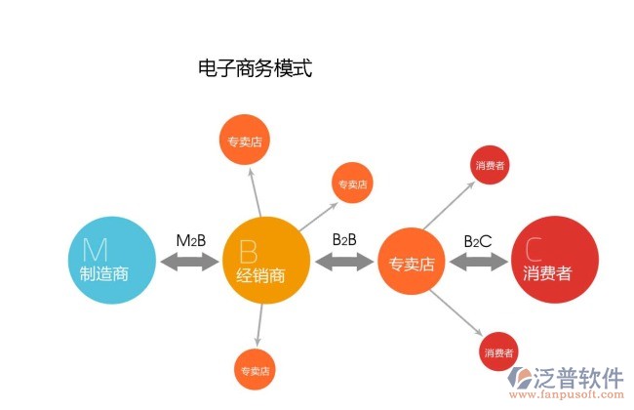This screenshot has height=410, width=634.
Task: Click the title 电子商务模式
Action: pos(255,68)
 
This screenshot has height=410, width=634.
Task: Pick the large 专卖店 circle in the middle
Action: pos(413,262)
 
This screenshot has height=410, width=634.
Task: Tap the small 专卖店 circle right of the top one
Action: pos(352,183)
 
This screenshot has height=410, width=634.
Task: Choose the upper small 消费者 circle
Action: pos(490,166)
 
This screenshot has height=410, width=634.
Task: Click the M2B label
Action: pos(191,240)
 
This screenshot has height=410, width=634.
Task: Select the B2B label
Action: pos(344,238)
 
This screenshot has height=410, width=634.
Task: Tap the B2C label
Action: pos(477,240)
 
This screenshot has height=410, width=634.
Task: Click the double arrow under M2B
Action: pos(190,262)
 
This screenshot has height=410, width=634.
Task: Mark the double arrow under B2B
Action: pos(345,261)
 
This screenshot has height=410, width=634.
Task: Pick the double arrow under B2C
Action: pos(478,262)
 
